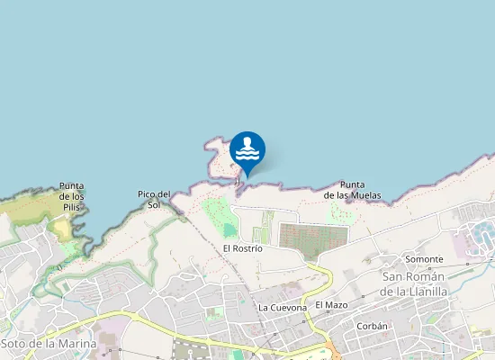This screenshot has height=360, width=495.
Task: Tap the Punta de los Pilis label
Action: pos(72,196)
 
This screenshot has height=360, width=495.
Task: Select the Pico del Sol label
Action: pos(154,199)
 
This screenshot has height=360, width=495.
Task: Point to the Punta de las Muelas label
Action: pos(353,190)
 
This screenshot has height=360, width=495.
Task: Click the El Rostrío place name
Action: pos(242,247)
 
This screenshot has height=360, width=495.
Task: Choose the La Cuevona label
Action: pos(283,307)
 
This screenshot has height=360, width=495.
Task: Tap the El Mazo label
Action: pos(331,305)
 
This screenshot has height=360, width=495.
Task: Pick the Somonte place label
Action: pos(425,259)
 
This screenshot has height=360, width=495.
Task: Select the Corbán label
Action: pos(372,326)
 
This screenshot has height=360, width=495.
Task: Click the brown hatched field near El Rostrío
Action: pos(313,237)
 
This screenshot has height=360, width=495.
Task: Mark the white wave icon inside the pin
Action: pos(247,149)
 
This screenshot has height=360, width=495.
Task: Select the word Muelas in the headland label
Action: pos(366,195)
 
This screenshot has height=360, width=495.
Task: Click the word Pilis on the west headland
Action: pos(72,207)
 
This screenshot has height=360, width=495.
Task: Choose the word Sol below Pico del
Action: pos(154,204)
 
